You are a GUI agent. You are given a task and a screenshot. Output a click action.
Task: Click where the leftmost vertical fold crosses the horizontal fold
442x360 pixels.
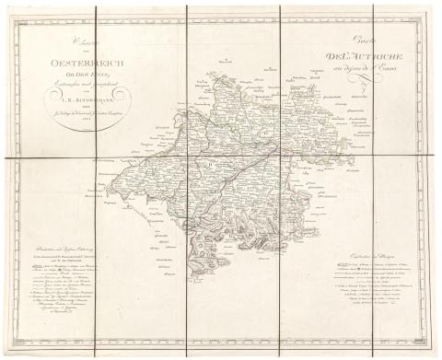pos(96,158)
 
